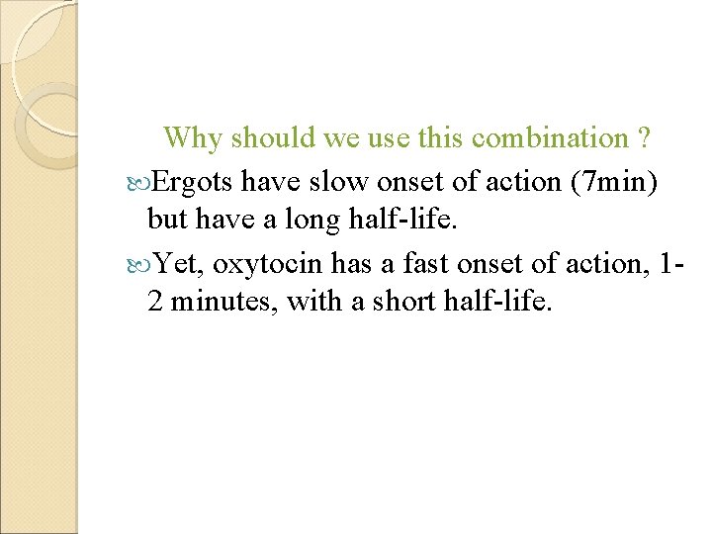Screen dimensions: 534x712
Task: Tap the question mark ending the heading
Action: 644,138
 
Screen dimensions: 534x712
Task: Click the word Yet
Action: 179,263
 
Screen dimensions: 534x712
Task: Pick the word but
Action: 166,219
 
